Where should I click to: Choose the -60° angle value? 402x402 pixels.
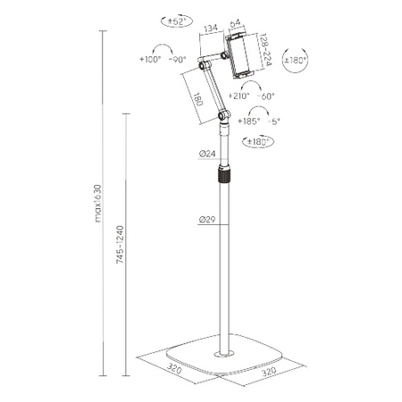pyautogui.click(x=265, y=95)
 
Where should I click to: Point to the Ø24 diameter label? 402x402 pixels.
pyautogui.click(x=207, y=155)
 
